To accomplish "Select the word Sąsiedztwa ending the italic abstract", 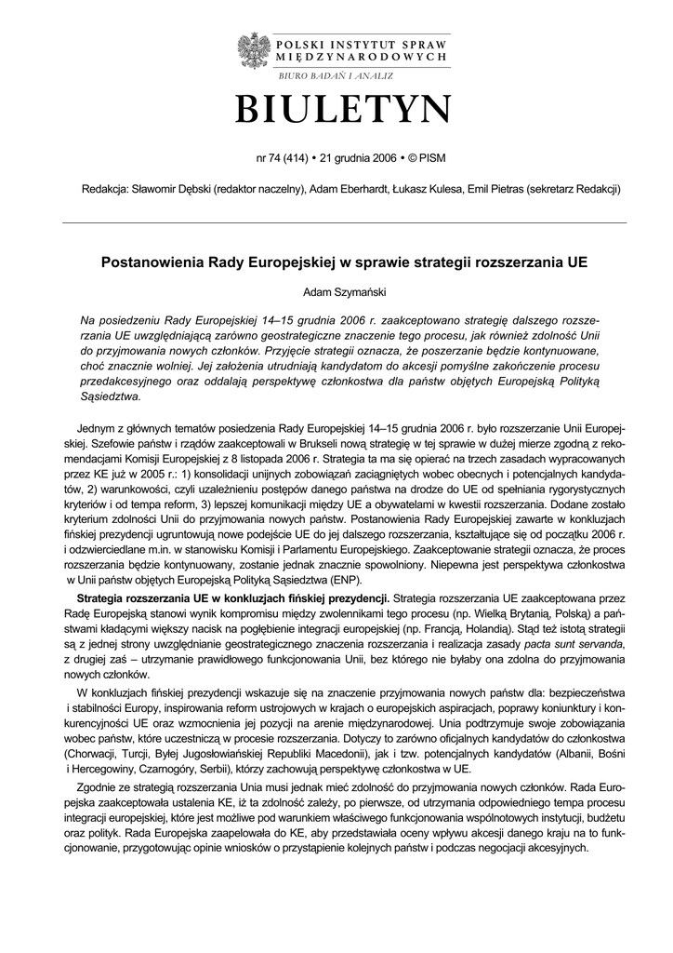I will (112, 396).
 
